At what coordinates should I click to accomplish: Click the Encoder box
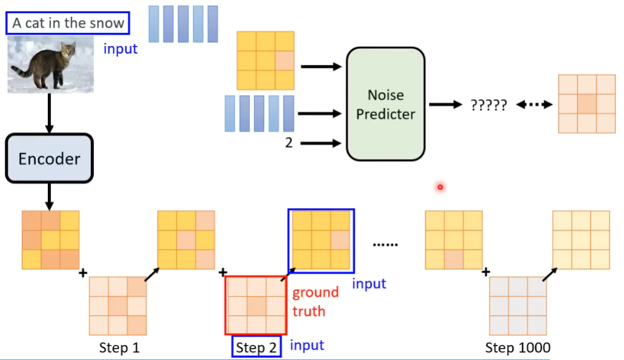pyautogui.click(x=49, y=158)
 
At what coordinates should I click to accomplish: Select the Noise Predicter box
pyautogui.click(x=385, y=104)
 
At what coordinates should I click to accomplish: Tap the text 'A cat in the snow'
pyautogui.click(x=68, y=23)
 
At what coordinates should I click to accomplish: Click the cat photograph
pyautogui.click(x=50, y=64)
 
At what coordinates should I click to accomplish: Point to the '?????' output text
pyautogui.click(x=488, y=105)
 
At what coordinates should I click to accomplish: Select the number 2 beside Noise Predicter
pyautogui.click(x=288, y=143)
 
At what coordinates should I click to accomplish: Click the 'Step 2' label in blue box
pyautogui.click(x=257, y=347)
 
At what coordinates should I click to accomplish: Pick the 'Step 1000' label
pyautogui.click(x=518, y=347)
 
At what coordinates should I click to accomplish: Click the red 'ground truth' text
pyautogui.click(x=315, y=301)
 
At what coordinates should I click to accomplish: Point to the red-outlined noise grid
pyautogui.click(x=256, y=305)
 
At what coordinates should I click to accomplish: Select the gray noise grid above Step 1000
pyautogui.click(x=518, y=305)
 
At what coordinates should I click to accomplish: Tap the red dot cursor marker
pyautogui.click(x=440, y=188)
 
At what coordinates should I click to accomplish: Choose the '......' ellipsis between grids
pyautogui.click(x=385, y=244)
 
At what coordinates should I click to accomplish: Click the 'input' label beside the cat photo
pyautogui.click(x=120, y=49)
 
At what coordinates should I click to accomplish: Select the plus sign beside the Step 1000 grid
pyautogui.click(x=486, y=272)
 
